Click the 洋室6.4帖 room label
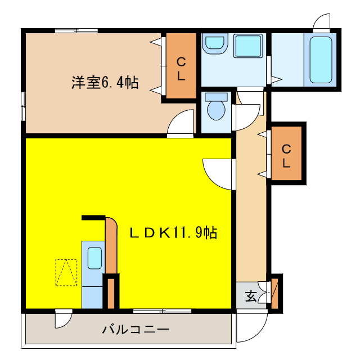tap(105, 82)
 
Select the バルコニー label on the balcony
tap(136, 330)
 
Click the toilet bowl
tap(216, 109)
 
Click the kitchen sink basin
tap(94, 258)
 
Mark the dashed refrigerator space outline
tap(66, 272)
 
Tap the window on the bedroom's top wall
tap(76, 30)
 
